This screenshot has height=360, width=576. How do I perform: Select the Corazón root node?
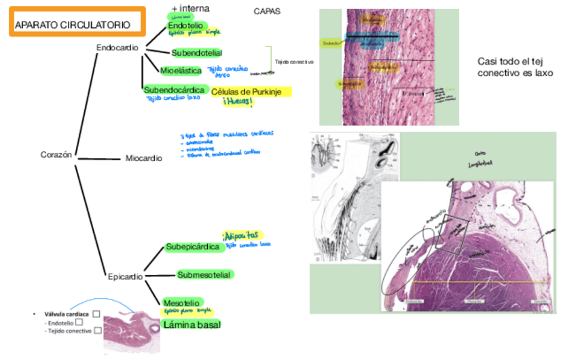tap(56, 155)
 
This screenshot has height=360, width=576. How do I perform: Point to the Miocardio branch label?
tap(144, 158)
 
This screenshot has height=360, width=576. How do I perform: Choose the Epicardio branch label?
tap(126, 276)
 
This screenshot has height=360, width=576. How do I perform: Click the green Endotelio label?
tap(185, 25)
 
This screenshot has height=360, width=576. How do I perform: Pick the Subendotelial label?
tap(197, 52)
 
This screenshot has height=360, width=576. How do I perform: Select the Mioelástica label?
tap(181, 70)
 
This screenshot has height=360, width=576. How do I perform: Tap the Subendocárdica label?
tap(174, 90)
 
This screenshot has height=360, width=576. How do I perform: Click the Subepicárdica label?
tap(194, 247)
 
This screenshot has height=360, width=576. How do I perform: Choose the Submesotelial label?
tap(204, 274)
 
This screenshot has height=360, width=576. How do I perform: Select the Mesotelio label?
tap(181, 302)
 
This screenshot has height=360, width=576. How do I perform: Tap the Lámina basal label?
tap(192, 324)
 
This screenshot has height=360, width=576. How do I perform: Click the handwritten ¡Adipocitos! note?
tap(242, 235)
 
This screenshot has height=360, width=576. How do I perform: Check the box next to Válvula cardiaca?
tap(96, 314)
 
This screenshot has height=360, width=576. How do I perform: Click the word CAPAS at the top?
tap(266, 12)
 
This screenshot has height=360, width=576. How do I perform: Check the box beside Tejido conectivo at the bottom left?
tap(98, 331)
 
